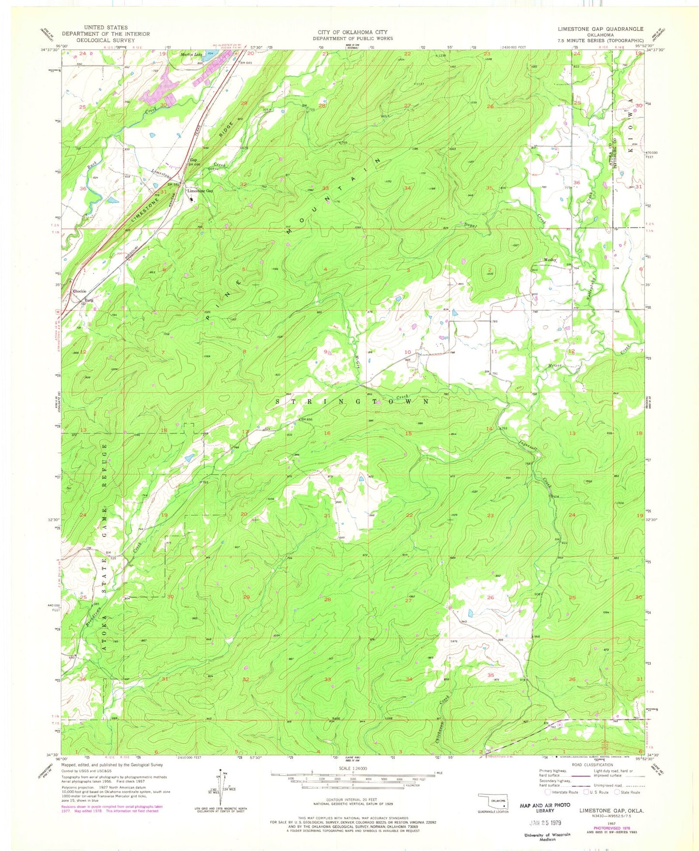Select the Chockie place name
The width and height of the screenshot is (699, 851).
79,291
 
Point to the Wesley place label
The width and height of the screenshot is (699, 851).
549,260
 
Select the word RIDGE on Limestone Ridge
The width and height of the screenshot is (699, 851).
229,131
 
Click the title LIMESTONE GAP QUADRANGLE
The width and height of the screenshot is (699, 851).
600,29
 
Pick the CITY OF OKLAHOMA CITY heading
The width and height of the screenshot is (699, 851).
352,32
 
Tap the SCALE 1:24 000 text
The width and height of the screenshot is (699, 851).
353,768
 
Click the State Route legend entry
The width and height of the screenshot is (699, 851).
627,792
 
